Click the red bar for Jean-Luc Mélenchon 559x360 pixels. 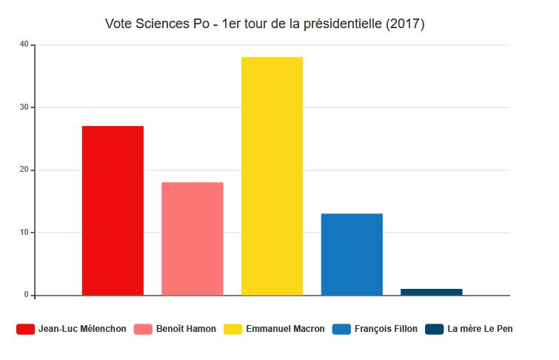click(x=113, y=210)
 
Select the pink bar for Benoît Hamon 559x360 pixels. click(x=193, y=239)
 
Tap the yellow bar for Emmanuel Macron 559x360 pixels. click(x=272, y=176)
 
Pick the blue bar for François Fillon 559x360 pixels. click(x=352, y=254)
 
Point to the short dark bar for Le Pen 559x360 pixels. click(x=432, y=292)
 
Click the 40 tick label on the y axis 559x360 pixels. click(x=24, y=44)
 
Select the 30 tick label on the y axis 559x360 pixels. click(x=24, y=107)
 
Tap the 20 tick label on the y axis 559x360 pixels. click(x=24, y=170)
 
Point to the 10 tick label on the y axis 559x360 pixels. click(x=24, y=233)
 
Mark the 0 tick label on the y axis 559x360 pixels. click(x=26, y=295)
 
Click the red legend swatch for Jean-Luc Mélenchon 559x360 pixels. click(x=25, y=329)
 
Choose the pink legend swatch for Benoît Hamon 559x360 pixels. click(x=143, y=329)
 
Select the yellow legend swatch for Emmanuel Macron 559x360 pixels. click(x=232, y=329)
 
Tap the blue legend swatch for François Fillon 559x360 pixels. click(x=341, y=329)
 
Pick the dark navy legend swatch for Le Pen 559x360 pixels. click(x=434, y=329)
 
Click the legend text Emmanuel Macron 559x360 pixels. click(x=285, y=329)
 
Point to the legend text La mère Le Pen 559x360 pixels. click(x=480, y=329)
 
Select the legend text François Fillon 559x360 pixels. click(x=386, y=329)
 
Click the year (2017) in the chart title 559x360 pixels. click(x=406, y=24)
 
